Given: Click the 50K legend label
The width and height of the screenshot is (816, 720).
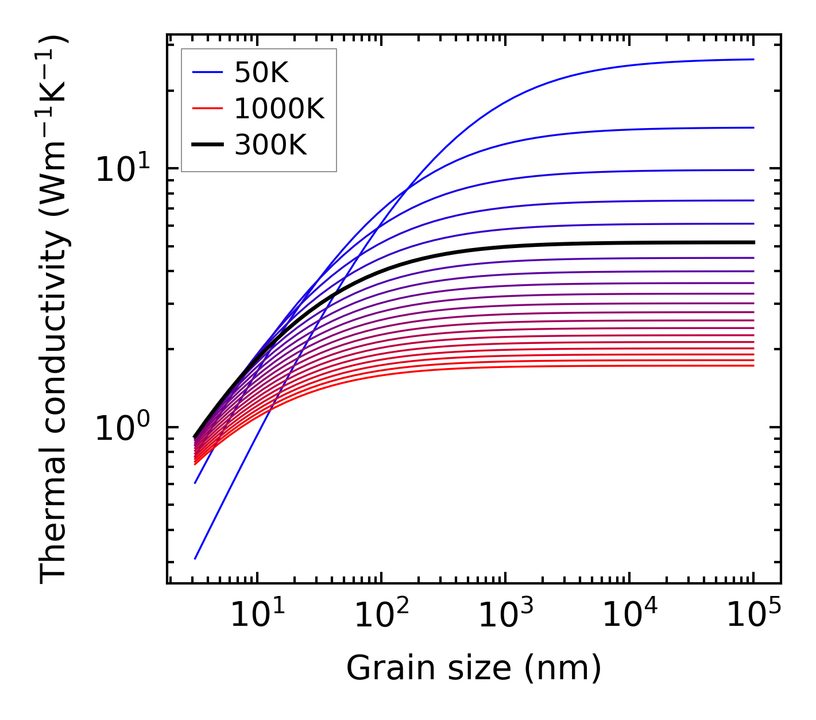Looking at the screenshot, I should coord(261,72).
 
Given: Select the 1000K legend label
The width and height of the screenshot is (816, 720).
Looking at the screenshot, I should coord(279,109).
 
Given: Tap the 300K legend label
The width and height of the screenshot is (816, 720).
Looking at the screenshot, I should coord(270,145).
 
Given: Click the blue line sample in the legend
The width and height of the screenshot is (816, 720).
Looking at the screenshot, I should coord(207,72).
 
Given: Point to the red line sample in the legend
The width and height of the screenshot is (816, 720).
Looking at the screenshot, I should coord(207,109).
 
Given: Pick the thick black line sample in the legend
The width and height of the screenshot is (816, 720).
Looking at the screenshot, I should coord(207,145).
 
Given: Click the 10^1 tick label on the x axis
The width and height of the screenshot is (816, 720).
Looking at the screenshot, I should coord(257,616).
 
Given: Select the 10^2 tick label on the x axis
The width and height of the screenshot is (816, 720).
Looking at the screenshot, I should coord(381,616).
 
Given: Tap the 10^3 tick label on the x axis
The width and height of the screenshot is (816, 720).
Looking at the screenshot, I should coord(505,616).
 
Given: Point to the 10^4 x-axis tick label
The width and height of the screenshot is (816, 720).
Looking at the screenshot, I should coord(629,616).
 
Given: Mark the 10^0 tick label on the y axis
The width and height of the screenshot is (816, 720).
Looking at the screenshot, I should coord(122,428).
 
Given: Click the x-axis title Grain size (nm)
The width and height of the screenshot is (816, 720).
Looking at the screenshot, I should coord(474,668).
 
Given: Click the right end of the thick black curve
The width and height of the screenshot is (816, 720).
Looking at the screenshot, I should coord(753,242).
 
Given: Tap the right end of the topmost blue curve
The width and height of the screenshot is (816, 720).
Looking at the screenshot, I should coord(753,59).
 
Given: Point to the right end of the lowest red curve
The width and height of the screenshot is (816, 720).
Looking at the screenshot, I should coord(753,366).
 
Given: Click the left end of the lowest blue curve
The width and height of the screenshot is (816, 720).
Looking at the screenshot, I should coord(196,558).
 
